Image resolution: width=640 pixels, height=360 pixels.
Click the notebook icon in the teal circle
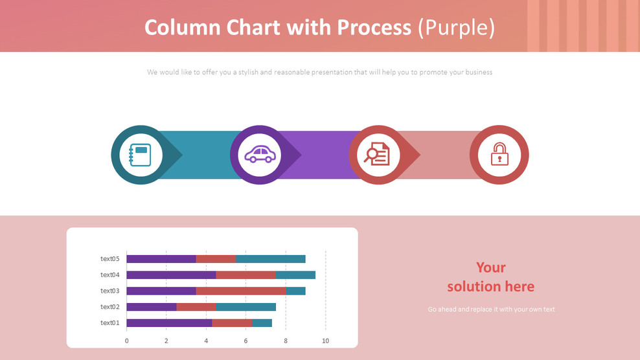point(141,155)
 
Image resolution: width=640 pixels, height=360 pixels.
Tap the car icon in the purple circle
point(260,155)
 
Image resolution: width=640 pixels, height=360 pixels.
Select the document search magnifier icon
point(378,155)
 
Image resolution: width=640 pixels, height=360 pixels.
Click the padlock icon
point(499,155)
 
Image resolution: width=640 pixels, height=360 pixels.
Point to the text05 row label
point(110,259)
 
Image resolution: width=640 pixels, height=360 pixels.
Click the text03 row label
point(110,291)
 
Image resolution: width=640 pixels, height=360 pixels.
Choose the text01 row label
point(110,322)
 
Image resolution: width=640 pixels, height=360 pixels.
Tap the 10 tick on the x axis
point(325,341)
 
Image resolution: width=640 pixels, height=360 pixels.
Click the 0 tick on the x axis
point(126,341)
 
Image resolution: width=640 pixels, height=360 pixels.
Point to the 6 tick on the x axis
point(246,341)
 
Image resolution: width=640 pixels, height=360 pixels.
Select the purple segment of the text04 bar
point(171,275)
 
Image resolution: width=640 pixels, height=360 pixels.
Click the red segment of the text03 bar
point(241,291)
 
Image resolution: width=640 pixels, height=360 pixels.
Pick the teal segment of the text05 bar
point(271,259)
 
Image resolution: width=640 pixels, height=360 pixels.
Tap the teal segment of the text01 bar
point(262,322)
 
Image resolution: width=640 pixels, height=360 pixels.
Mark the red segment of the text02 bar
point(196,307)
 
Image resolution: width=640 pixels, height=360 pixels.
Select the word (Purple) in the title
point(456,27)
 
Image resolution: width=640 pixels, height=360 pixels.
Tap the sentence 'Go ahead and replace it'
point(491,309)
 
